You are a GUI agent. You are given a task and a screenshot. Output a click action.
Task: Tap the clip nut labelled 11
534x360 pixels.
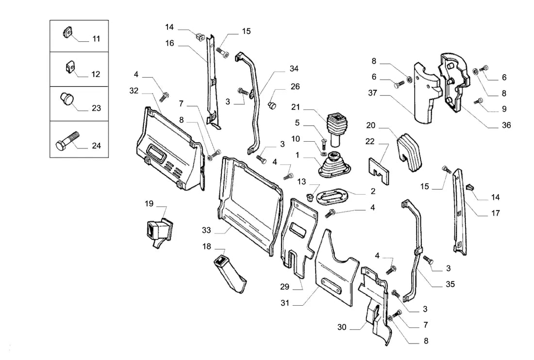67,33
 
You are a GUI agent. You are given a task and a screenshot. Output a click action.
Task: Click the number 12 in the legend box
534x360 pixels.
96,74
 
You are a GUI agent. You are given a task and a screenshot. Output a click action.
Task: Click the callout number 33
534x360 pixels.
206,230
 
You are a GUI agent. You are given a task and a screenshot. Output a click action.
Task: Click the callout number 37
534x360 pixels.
372,93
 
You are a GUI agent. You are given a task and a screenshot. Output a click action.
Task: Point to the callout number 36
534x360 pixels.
506,125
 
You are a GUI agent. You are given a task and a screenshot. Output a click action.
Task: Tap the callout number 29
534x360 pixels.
284,287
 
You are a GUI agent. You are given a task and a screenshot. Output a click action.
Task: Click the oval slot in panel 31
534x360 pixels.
332,285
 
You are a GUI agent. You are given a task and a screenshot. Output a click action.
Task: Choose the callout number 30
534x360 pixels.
342,327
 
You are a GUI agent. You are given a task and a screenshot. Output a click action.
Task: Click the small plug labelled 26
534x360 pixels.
272,105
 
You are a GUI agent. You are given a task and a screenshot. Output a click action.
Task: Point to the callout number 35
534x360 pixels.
450,284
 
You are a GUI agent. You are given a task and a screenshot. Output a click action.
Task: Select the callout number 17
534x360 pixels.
496,213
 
